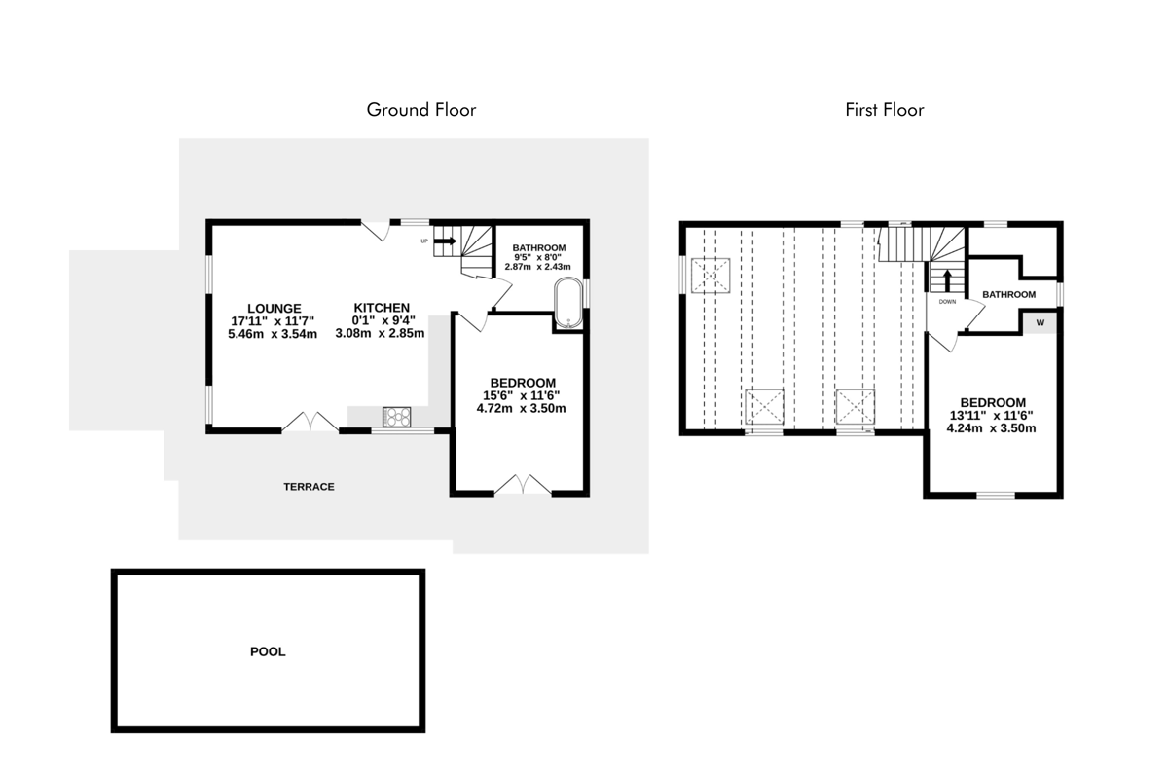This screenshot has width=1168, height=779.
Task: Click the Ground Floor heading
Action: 420,110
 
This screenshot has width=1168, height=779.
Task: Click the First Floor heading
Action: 885,110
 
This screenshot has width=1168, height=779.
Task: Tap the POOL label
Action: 268,651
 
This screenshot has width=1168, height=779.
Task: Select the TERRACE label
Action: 309,487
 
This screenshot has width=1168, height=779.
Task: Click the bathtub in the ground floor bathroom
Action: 568,303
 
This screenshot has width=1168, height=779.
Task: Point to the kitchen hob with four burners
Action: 397,417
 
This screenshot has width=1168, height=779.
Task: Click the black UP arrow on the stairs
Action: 445,241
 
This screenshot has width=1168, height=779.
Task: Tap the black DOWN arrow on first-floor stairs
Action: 947,280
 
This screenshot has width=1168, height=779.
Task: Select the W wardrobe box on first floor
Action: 1040,323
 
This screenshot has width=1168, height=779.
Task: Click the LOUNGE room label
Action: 274,309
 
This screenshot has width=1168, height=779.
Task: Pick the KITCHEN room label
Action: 382,308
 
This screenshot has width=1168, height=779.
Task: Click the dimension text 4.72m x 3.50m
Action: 521,409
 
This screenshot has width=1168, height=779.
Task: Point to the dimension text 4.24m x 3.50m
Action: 991,428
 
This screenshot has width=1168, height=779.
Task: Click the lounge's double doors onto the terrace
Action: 310,422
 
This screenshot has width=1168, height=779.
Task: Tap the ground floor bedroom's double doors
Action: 523,484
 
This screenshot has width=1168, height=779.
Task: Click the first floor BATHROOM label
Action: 1009,295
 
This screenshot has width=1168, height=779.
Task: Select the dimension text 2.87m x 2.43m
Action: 537,267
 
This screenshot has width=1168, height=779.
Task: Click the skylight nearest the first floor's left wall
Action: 711,275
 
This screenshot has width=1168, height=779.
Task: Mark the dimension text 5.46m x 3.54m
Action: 273,334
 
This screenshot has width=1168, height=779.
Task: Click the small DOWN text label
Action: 947,302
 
